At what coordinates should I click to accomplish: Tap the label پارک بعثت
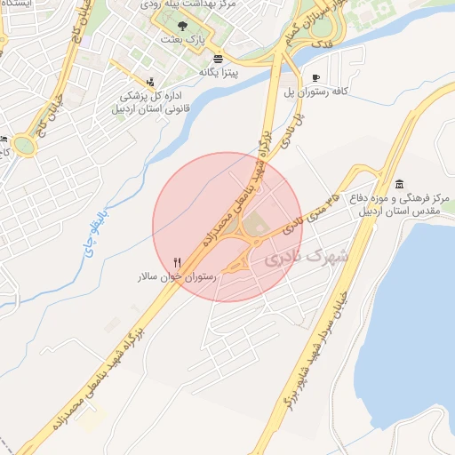tap(183, 40)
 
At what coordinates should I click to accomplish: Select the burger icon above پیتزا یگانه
tap(218, 58)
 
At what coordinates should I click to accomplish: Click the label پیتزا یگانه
tap(218, 71)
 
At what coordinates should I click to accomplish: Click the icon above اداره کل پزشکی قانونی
tap(148, 82)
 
